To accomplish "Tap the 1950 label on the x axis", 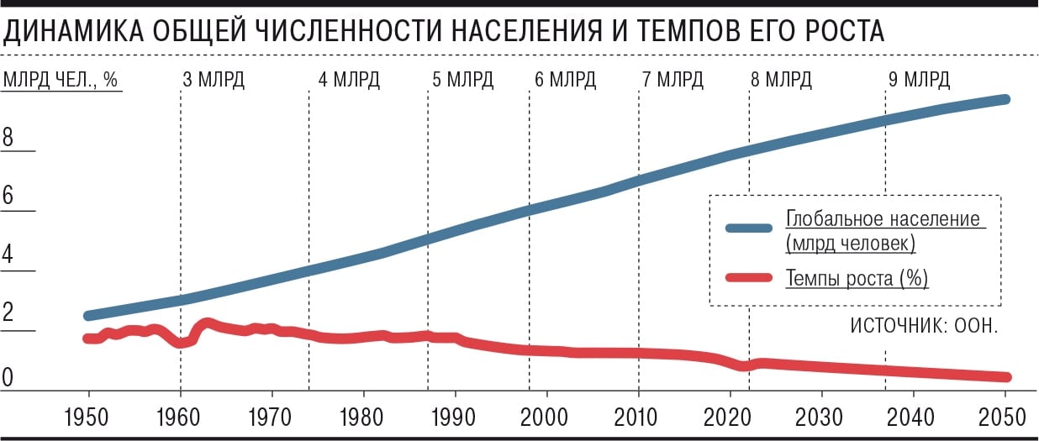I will [x=89, y=416].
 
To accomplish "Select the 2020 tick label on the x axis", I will [x=730, y=416].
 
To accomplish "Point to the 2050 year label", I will [x=1005, y=416].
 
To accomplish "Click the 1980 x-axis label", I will [x=364, y=416].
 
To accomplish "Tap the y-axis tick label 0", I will [x=8, y=379].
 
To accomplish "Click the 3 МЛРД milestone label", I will [x=214, y=81].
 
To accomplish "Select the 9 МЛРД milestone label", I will [x=919, y=81].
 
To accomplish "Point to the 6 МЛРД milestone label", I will [x=565, y=81].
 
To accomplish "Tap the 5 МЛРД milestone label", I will [x=463, y=81].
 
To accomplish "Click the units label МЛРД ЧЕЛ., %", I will [x=63, y=81].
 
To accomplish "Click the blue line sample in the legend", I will [x=747, y=228].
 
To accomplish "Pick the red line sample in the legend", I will [x=747, y=278].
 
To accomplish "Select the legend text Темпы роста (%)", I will [x=857, y=278].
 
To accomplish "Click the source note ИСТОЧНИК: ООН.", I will [x=924, y=325].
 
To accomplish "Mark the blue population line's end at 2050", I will [x=1005, y=100].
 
